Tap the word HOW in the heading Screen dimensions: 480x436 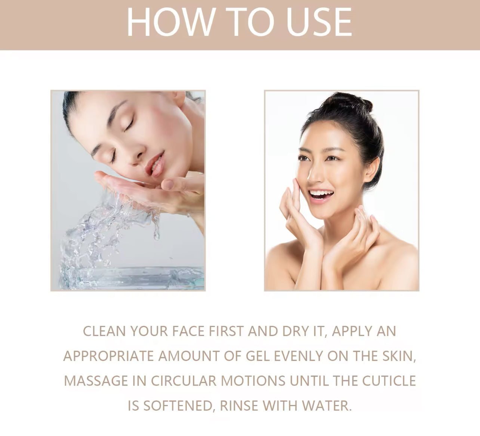pos(170,22)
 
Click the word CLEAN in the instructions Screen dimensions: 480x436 pos(104,331)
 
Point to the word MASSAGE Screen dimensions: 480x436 pos(96,381)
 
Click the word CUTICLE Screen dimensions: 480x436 pos(389,381)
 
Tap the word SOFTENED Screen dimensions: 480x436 pos(178,406)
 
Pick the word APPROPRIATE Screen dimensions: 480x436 pos(108,356)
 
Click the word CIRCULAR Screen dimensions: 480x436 pos(184,381)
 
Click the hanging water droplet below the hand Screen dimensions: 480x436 pos(157,234)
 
